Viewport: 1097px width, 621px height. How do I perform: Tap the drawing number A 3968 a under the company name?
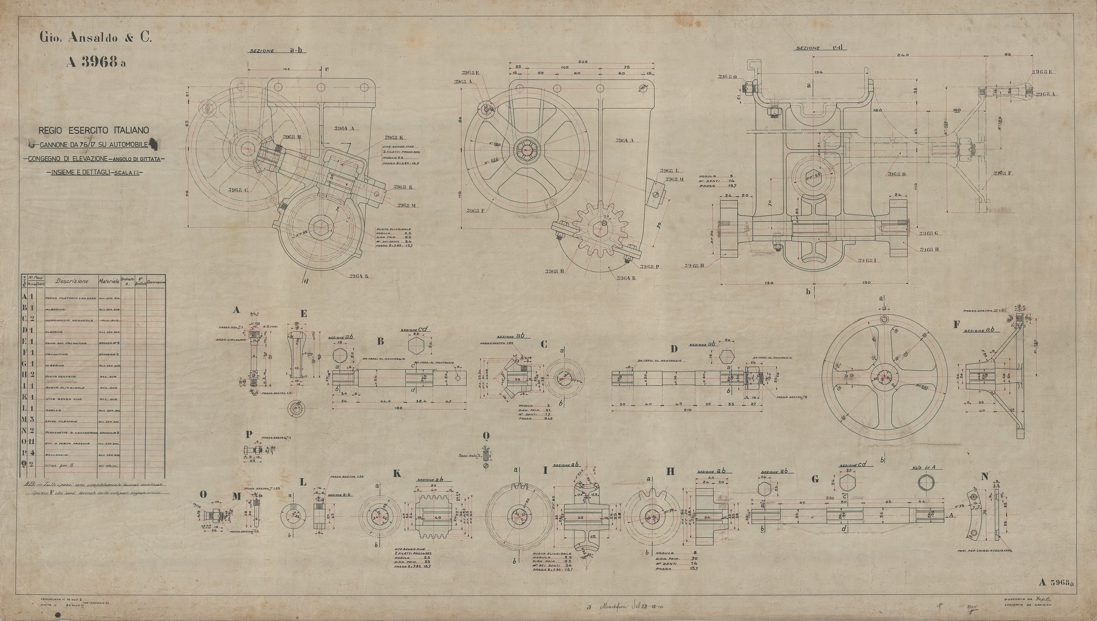pos(96,63)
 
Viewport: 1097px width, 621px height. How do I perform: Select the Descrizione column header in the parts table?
pos(72,282)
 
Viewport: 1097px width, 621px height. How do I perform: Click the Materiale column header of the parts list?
pos(109,282)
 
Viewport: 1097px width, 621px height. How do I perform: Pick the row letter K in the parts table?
pos(24,399)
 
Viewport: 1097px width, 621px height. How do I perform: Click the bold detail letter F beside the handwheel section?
pos(956,324)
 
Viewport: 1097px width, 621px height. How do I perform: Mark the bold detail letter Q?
pos(486,435)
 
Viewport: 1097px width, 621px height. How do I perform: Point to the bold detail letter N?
pos(984,477)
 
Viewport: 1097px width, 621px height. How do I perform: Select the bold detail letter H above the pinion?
pos(670,472)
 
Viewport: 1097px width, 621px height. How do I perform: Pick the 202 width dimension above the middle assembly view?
pos(583,62)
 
